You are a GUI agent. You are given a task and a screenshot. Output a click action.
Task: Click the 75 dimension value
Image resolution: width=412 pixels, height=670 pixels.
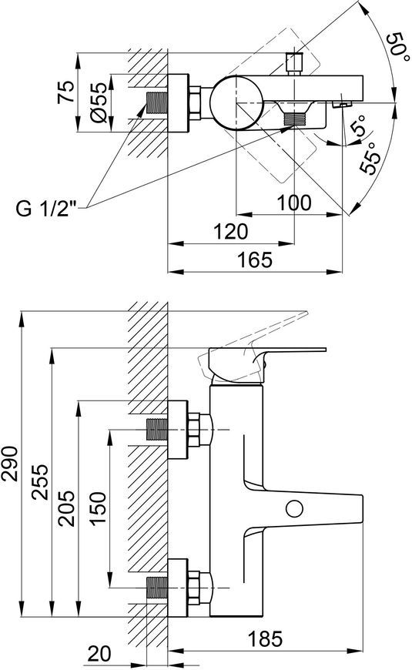pyautogui.click(x=66, y=92)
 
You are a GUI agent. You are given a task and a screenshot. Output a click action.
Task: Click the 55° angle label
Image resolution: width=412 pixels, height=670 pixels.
pyautogui.click(x=370, y=158)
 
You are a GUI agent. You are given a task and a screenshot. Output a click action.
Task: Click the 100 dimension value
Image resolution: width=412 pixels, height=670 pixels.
pyautogui.click(x=294, y=202)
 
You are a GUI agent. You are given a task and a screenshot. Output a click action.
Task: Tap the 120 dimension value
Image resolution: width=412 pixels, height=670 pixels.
pyautogui.click(x=230, y=231)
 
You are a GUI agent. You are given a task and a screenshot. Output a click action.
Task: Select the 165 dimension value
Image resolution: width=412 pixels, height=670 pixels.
pyautogui.click(x=255, y=260)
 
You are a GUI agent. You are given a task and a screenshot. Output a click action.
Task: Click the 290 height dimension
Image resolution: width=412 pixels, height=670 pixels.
pyautogui.click(x=9, y=464)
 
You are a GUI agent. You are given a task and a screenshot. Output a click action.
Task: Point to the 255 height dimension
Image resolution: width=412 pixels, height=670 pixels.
pyautogui.click(x=41, y=481)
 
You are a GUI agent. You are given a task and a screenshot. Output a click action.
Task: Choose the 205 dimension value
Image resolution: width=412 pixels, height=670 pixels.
pyautogui.click(x=67, y=508)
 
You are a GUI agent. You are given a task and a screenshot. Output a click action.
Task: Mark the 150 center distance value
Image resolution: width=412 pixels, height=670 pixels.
pyautogui.click(x=99, y=509)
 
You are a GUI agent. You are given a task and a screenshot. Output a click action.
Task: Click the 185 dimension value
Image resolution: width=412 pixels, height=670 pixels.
pyautogui.click(x=266, y=638)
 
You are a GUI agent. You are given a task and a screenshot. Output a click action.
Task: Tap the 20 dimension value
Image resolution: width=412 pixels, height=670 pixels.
pyautogui.click(x=99, y=653)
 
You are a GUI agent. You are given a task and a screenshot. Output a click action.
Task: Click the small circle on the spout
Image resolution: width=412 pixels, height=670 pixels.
pyautogui.click(x=294, y=508)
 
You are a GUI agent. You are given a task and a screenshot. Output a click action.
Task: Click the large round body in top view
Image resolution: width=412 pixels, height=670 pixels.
pyautogui.click(x=236, y=102)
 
